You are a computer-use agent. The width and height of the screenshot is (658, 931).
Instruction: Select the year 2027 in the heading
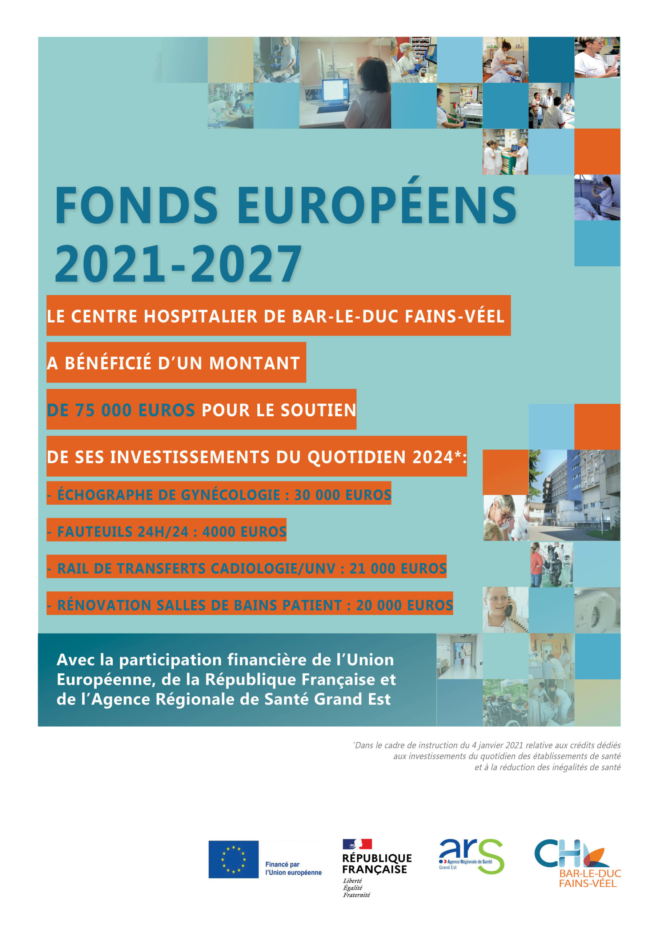click(246, 264)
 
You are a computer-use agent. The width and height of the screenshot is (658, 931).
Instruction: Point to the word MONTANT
click(254, 363)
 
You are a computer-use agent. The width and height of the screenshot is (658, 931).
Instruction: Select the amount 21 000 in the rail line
click(370, 568)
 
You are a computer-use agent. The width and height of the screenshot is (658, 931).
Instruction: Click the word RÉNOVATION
click(104, 606)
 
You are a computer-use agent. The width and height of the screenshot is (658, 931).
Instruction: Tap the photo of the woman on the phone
click(505, 610)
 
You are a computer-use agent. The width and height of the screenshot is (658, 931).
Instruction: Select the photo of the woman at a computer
click(345, 83)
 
